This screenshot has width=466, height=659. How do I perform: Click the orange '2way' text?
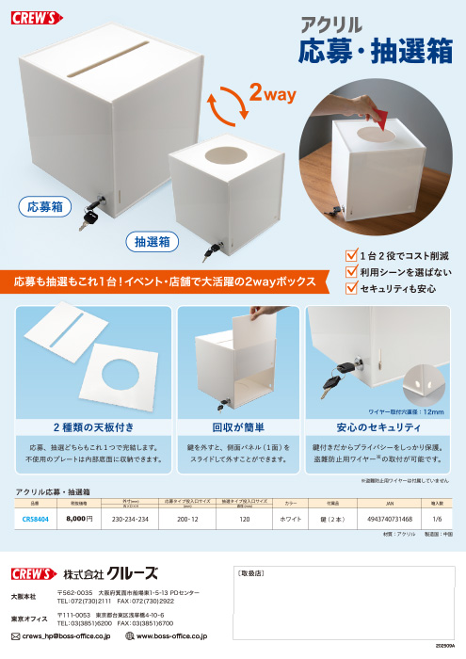coord(273,95)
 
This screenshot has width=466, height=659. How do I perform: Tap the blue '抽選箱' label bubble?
coord(153,243)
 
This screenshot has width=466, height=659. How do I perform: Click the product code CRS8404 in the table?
coord(35,518)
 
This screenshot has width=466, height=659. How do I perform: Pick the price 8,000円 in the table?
coord(79,518)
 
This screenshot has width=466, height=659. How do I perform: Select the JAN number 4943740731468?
coord(386,518)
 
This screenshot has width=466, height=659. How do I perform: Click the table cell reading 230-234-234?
coord(130,518)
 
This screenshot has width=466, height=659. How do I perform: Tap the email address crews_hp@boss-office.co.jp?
coord(66,636)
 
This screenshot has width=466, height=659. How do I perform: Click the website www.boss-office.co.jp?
coord(172,636)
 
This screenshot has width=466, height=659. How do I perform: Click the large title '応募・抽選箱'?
coord(375,52)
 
